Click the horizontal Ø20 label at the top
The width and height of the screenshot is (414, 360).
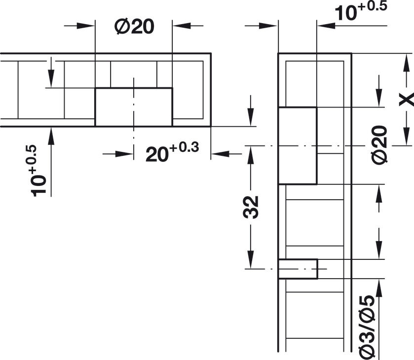click(134, 27)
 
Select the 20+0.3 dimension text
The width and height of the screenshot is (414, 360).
click(172, 152)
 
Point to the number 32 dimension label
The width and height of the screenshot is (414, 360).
click(251, 207)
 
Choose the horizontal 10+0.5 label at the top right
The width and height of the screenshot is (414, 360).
click(361, 11)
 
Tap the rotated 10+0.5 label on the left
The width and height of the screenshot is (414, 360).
click(38, 171)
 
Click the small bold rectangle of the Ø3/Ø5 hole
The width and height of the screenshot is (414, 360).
click(298, 269)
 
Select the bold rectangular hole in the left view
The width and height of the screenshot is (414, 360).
click(134, 107)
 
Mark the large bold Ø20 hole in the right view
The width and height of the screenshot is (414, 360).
click(298, 145)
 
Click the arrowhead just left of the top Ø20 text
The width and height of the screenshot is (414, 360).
click(85, 26)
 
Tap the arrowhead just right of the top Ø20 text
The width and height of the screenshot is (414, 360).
click(182, 26)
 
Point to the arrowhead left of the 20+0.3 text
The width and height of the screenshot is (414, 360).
click(124, 153)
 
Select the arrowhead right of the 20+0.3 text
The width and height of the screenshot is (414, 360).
click(220, 153)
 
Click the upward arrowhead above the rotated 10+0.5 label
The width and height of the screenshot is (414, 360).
click(51, 136)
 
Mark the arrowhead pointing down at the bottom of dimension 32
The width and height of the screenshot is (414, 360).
click(251, 260)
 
